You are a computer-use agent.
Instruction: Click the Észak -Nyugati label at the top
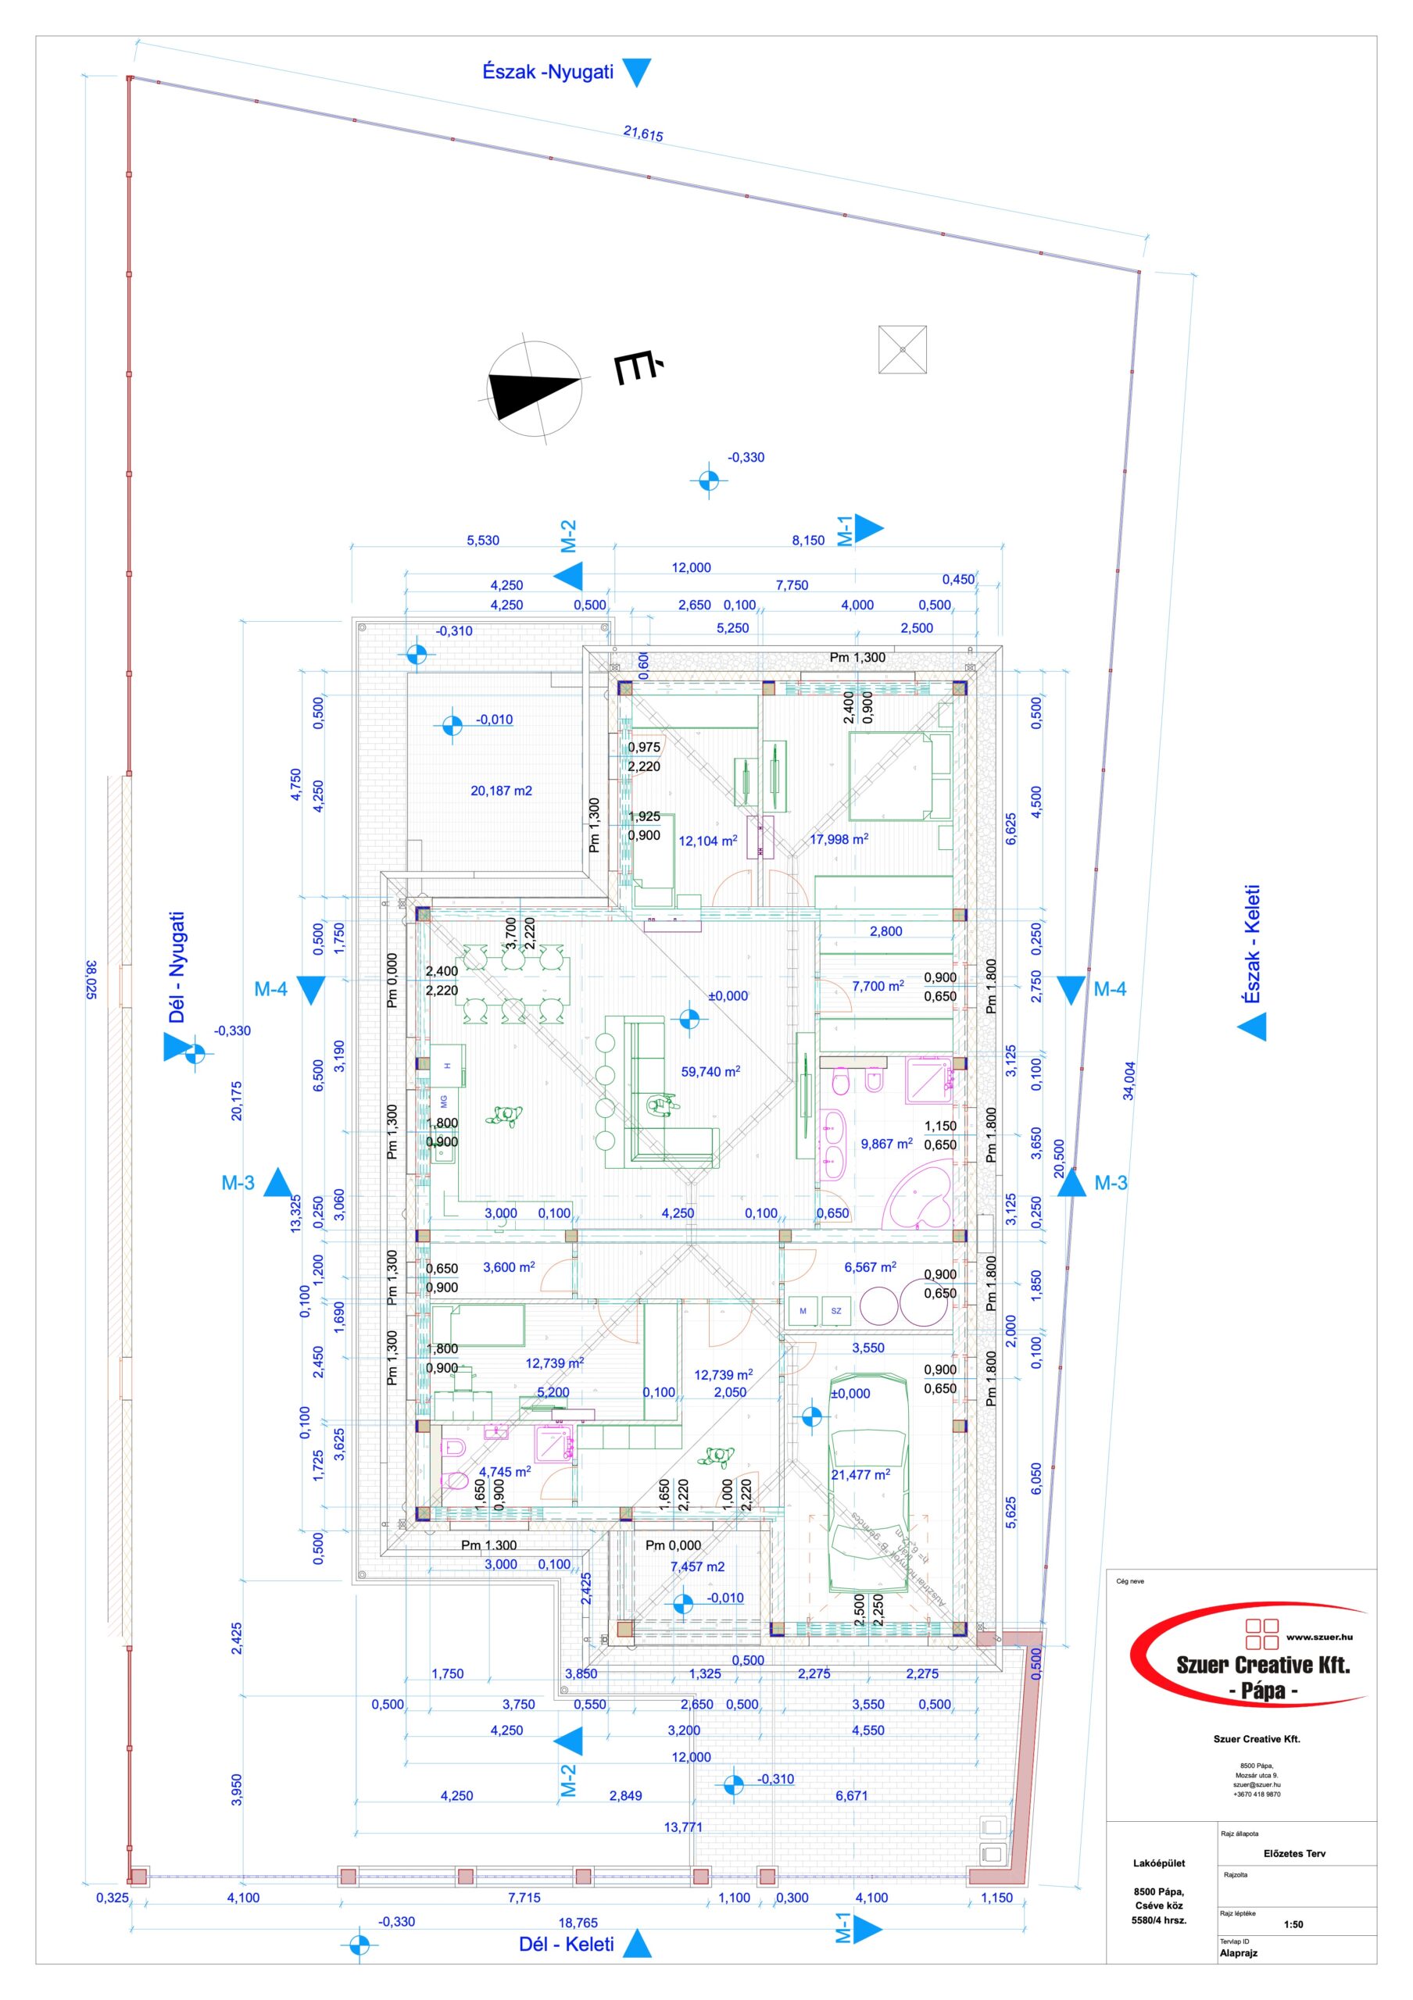tap(548, 73)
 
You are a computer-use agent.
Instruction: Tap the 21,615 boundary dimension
tap(643, 134)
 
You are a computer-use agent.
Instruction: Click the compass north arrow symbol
tap(534, 384)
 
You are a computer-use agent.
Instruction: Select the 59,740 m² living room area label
tap(710, 1071)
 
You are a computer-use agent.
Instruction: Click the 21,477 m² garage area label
tap(860, 1475)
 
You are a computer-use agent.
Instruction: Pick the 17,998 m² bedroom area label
tap(838, 840)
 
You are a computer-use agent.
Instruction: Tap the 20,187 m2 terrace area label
tap(501, 791)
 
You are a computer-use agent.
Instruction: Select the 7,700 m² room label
tap(877, 986)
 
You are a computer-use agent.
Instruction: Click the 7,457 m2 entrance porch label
tap(697, 1566)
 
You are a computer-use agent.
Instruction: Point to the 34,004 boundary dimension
tap(1129, 1081)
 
